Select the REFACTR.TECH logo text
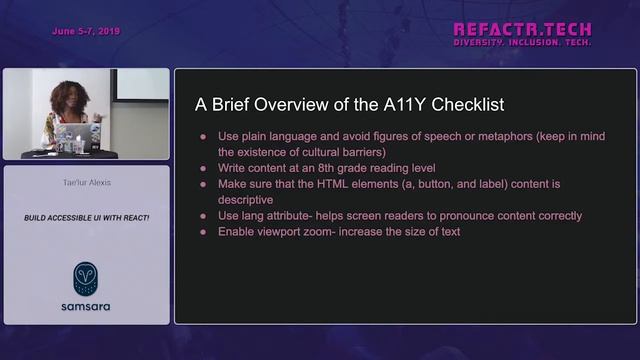(x=522, y=29)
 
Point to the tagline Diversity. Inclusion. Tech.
(x=522, y=43)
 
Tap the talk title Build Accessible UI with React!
(x=86, y=217)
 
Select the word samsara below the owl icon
(x=86, y=304)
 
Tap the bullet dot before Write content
(x=204, y=168)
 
